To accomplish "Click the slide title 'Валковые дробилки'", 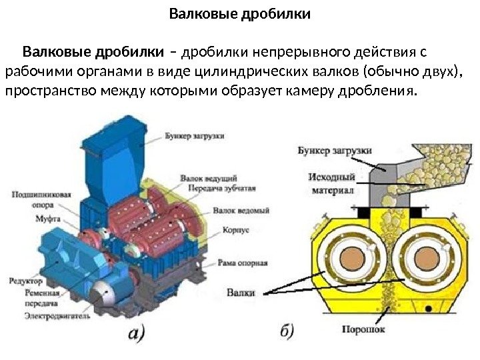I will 240,13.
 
